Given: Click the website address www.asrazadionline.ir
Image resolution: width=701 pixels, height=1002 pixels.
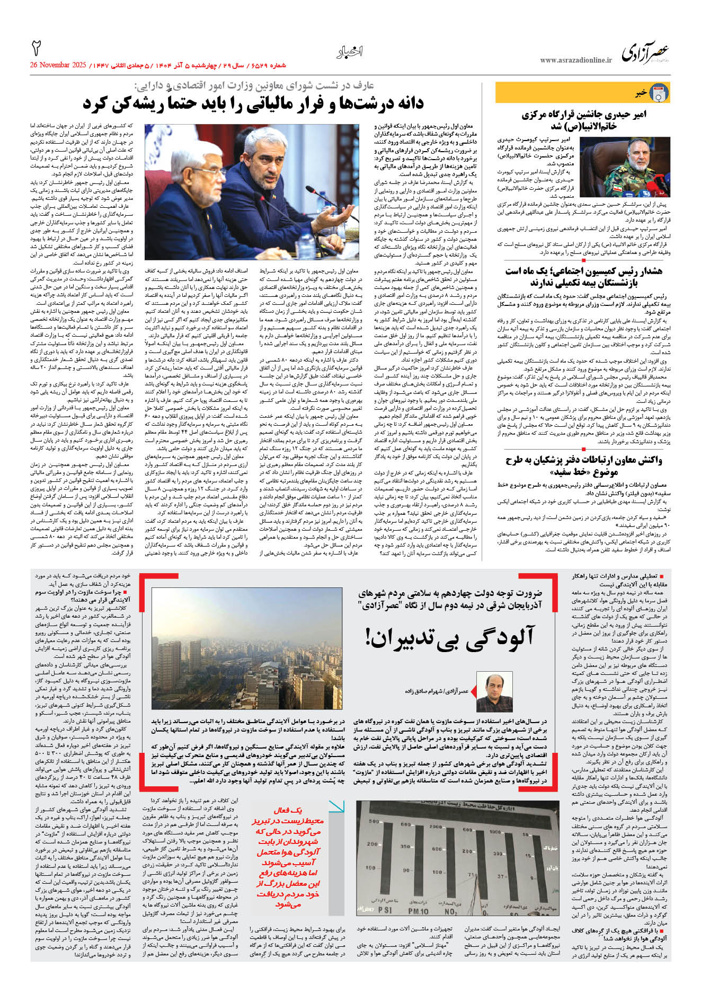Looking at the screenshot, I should click(575, 60).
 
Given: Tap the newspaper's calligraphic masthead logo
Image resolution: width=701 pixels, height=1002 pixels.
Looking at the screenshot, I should click(645, 54).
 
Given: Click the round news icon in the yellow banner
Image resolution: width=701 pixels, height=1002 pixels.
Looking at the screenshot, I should click(659, 93).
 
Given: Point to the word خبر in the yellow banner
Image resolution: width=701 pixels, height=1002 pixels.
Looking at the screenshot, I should click(641, 93).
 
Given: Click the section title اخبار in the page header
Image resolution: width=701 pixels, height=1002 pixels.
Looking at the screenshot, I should click(350, 52).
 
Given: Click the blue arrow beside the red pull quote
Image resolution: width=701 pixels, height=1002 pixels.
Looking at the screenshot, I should click(336, 807).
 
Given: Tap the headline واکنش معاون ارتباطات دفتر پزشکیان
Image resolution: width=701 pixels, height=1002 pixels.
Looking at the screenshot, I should click(583, 465).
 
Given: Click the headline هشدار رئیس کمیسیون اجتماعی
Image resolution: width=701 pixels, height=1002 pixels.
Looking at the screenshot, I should click(583, 277).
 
